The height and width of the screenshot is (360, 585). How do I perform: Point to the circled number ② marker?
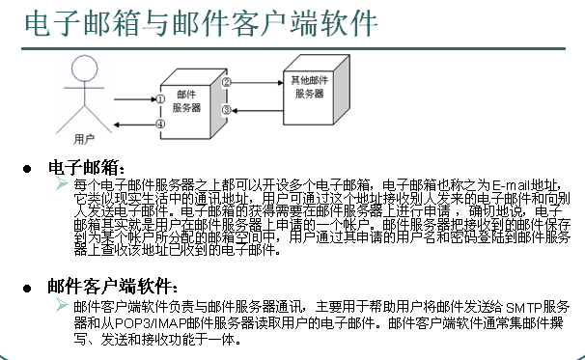(226, 83)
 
